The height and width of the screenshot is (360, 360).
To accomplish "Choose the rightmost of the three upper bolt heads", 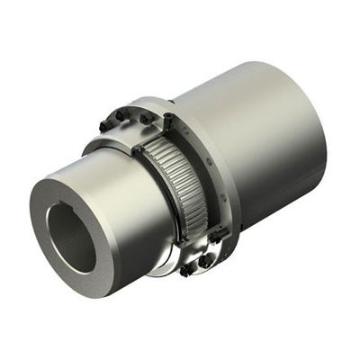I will (144, 118).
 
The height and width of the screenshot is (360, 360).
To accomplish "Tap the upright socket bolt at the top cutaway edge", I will (169, 120).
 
